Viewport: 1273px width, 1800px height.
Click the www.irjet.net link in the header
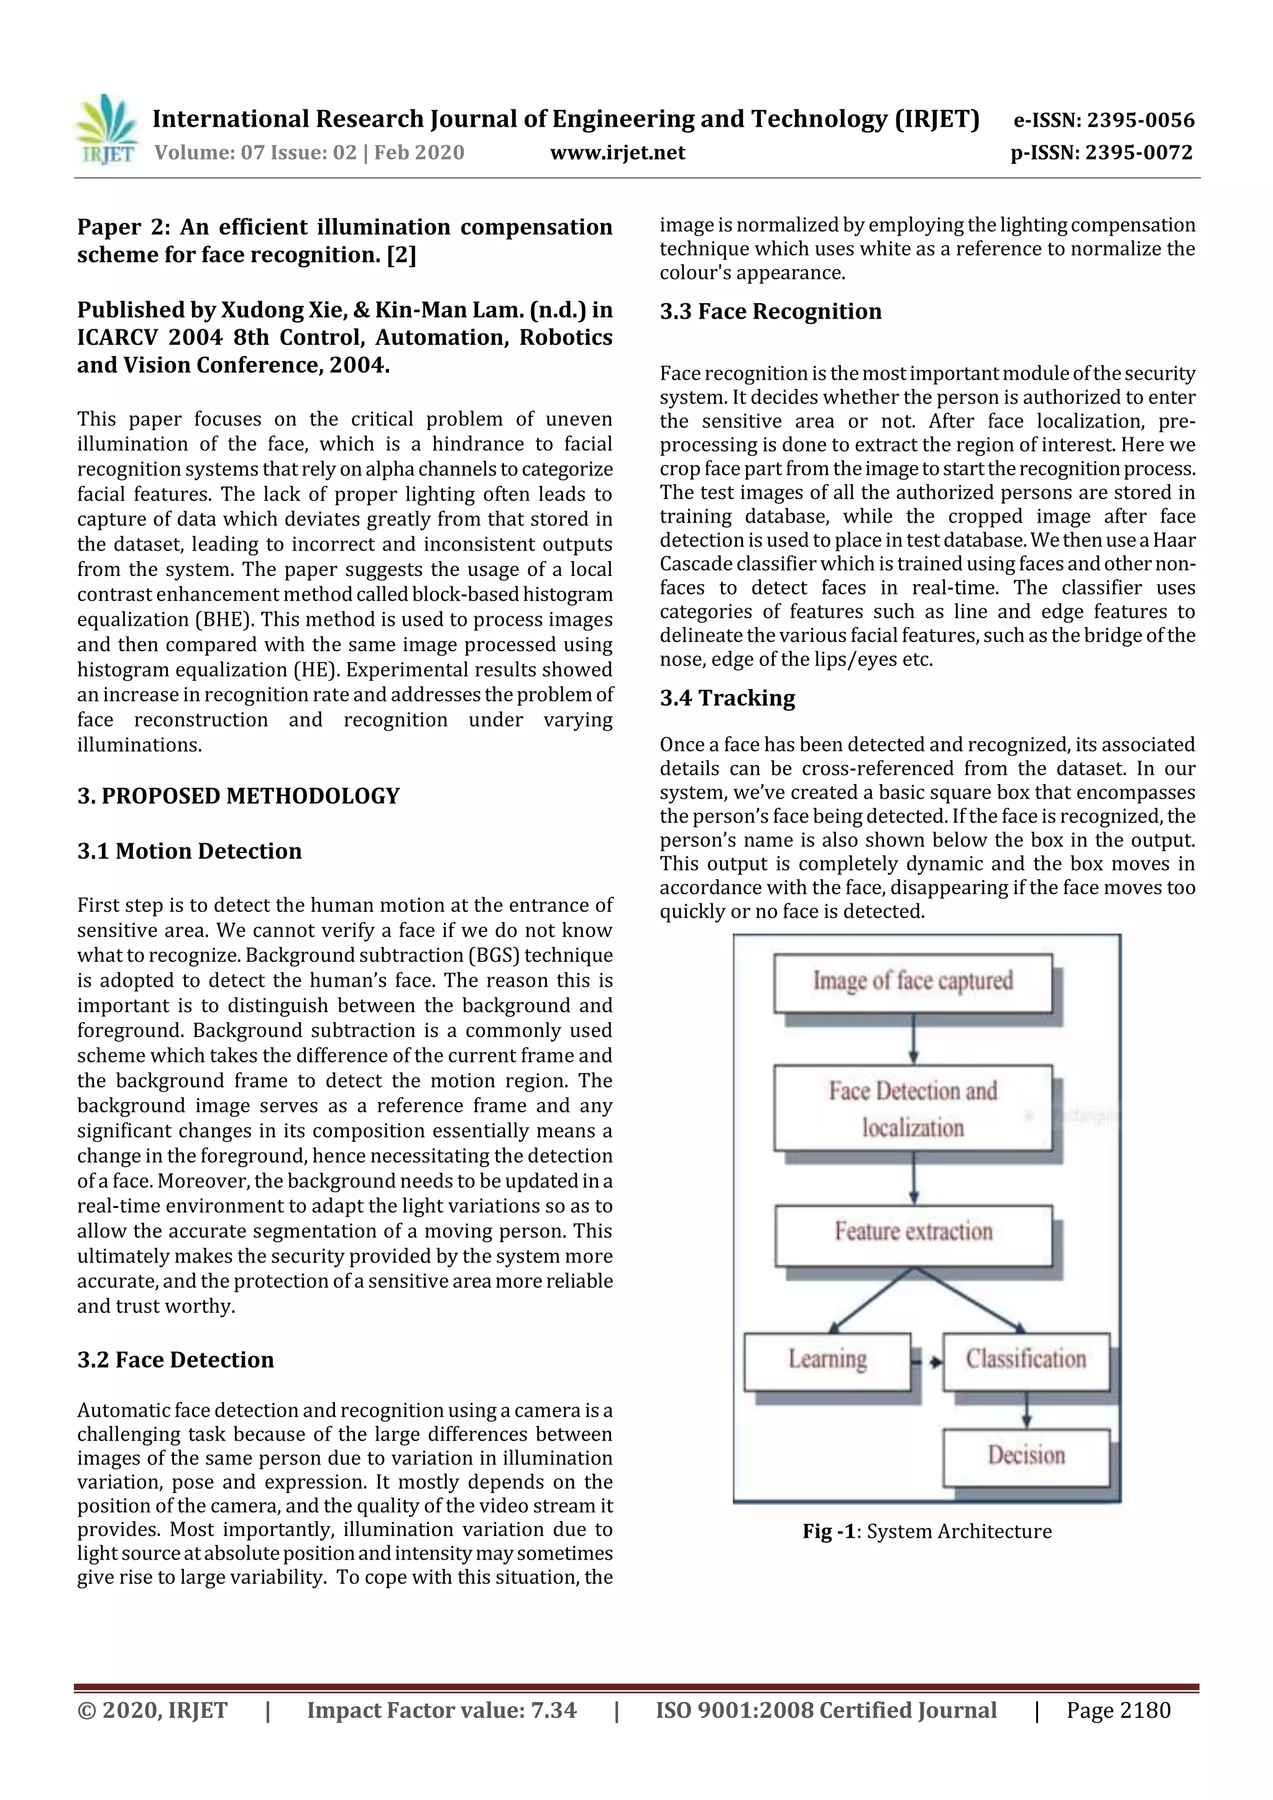point(617,152)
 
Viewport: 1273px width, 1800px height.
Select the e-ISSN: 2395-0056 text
point(1103,120)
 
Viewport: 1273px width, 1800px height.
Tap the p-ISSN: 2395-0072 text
point(1101,152)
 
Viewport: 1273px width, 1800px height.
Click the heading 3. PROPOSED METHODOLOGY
point(239,796)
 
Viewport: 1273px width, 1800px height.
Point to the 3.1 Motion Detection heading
point(189,851)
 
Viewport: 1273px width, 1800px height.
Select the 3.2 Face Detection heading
point(176,1359)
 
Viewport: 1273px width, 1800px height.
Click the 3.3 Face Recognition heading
point(770,311)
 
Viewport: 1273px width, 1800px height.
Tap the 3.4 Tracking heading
point(727,698)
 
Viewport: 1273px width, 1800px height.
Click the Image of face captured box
point(912,982)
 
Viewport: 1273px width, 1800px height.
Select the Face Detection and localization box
point(912,1108)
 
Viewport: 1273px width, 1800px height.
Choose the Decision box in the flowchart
point(1026,1456)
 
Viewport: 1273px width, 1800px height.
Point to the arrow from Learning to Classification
point(926,1363)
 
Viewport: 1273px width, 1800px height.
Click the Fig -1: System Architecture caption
point(926,1531)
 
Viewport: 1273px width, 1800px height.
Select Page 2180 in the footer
point(1118,1710)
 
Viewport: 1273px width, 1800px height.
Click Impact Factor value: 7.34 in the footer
point(441,1710)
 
